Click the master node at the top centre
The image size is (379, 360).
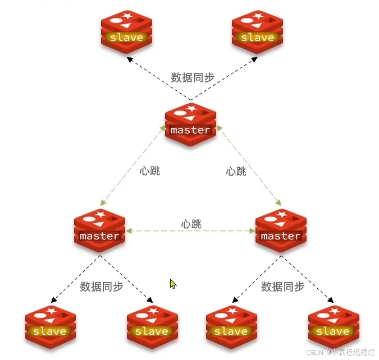coord(190,124)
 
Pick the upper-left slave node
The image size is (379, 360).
coord(126,33)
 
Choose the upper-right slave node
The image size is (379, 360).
coord(257,33)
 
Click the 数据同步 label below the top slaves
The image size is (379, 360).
coord(193,77)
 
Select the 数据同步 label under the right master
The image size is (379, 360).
coord(282,287)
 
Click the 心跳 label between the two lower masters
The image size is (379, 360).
coord(191,224)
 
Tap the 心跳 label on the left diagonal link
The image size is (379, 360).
coord(150,170)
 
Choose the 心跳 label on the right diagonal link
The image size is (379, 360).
coord(236,170)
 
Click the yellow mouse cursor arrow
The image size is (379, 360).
coord(173,284)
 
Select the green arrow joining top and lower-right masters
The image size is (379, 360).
coord(250,164)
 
